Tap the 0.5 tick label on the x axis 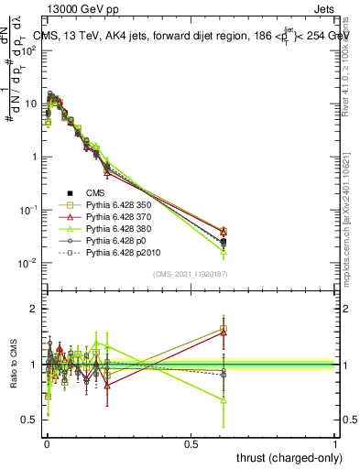[191, 442]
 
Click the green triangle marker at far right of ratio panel [224, 399]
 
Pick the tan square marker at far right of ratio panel [224, 328]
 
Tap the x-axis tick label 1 [334, 442]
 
